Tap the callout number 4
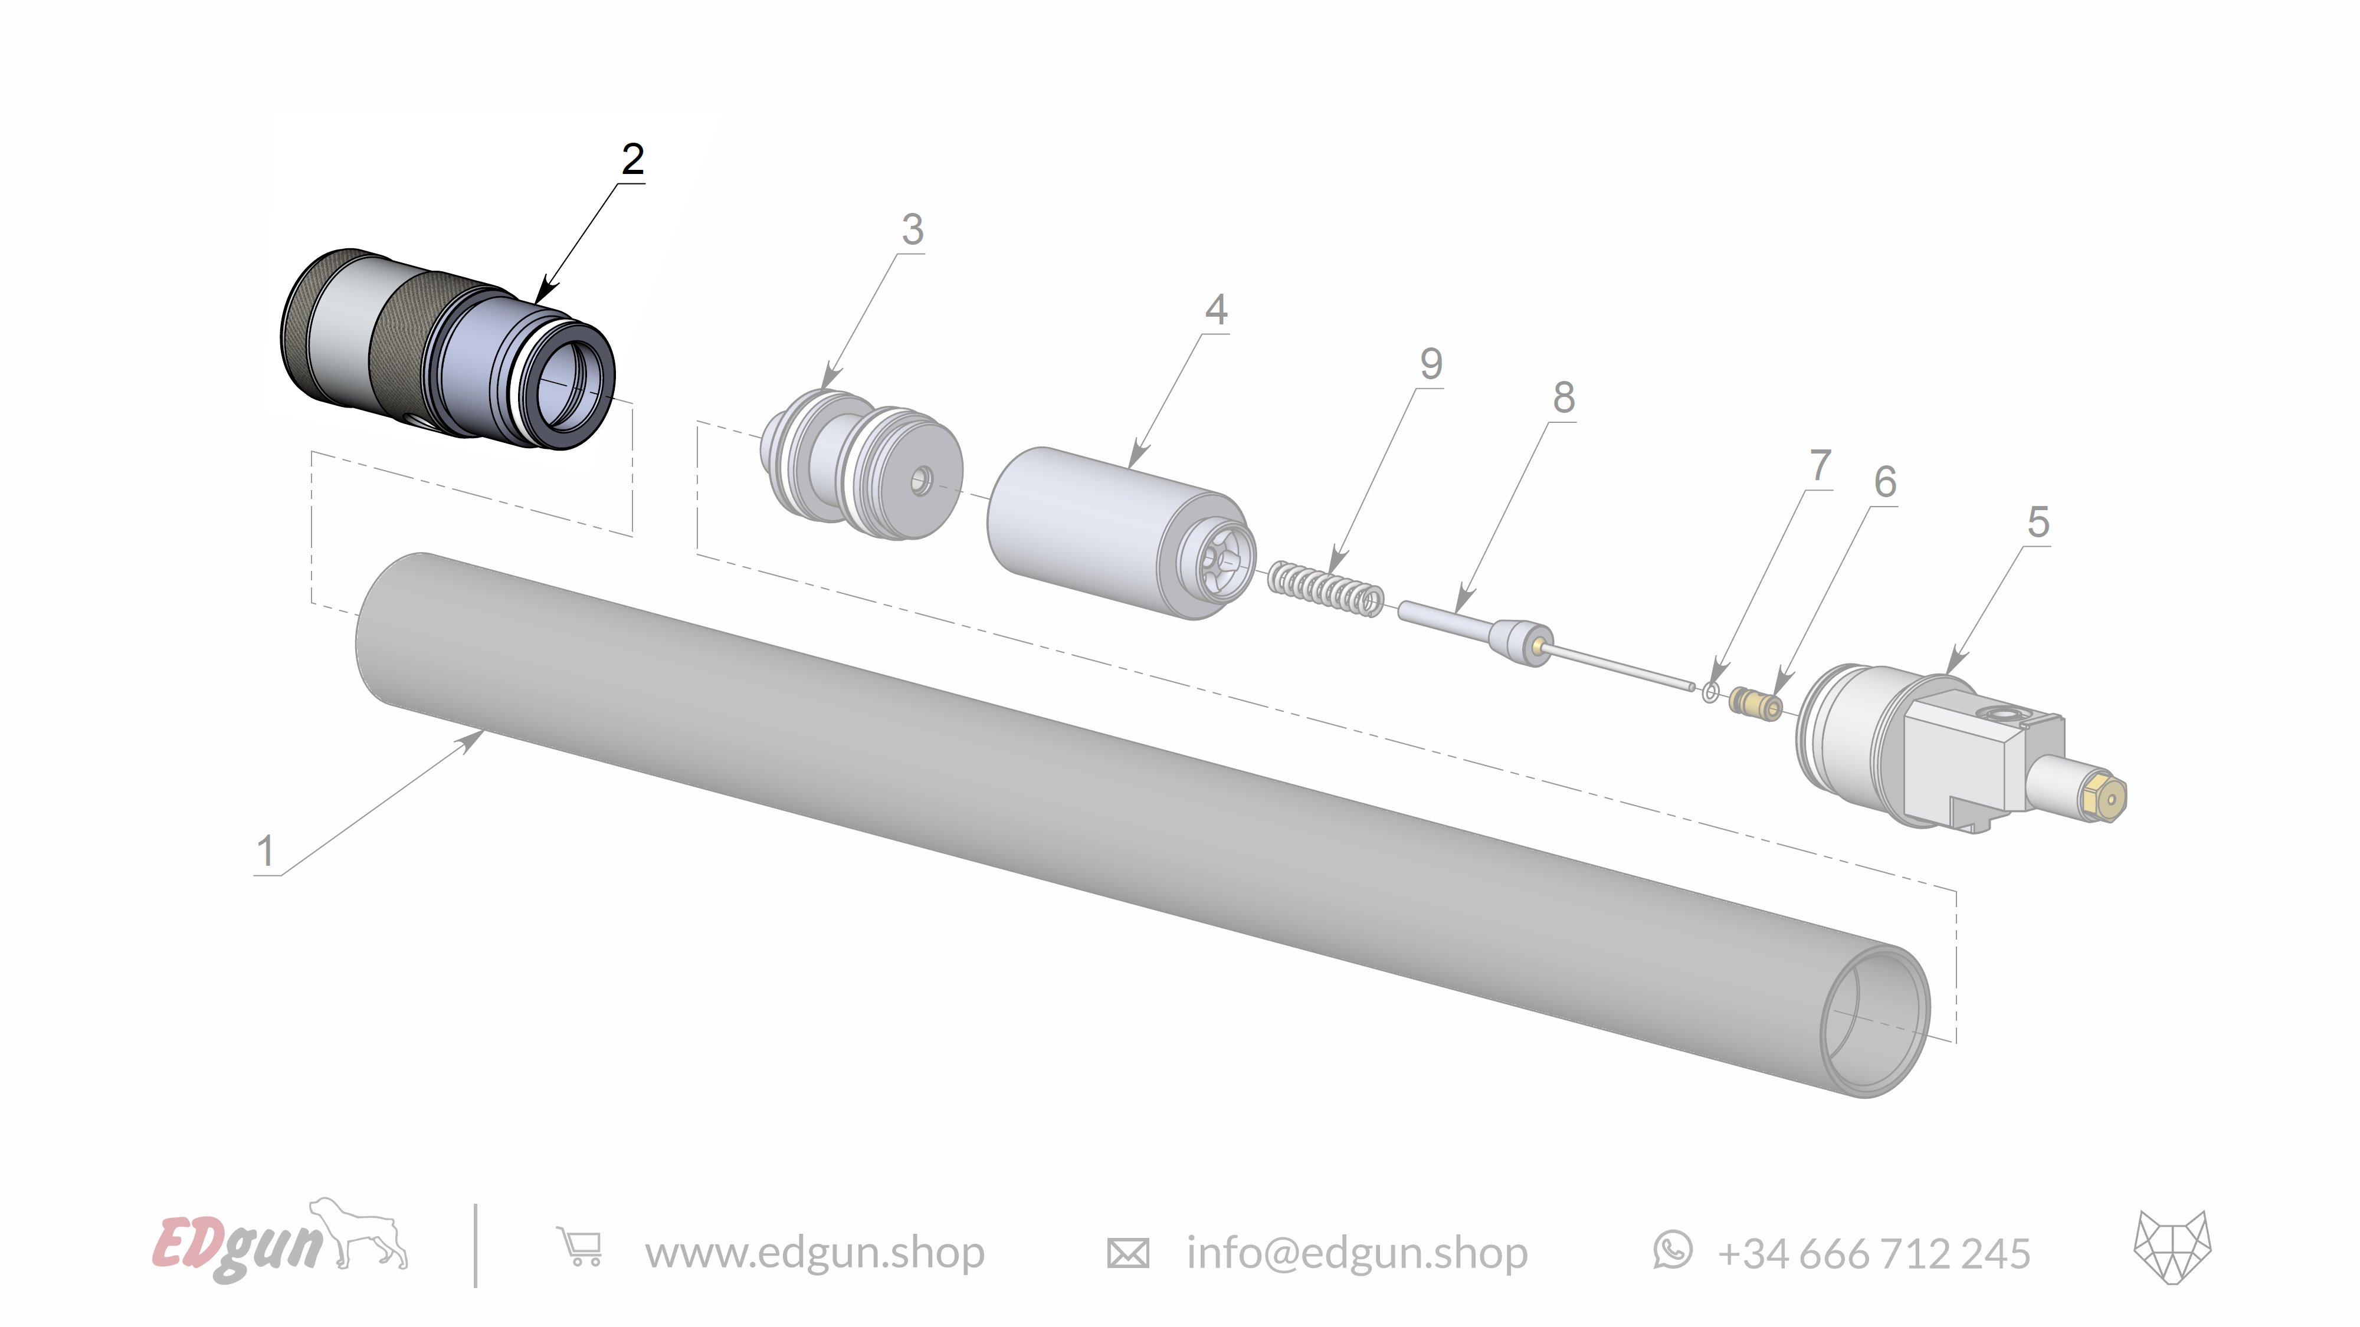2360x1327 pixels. tap(1216, 310)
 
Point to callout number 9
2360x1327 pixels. tap(1431, 364)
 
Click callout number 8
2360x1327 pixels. tap(1564, 398)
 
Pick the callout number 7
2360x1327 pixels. tap(1820, 465)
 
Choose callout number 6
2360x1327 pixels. tap(1884, 482)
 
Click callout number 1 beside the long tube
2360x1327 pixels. tap(265, 851)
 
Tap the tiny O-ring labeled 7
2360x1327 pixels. tap(1710, 692)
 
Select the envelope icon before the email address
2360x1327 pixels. tap(1127, 1253)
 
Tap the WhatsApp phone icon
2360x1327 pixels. tap(1673, 1250)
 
